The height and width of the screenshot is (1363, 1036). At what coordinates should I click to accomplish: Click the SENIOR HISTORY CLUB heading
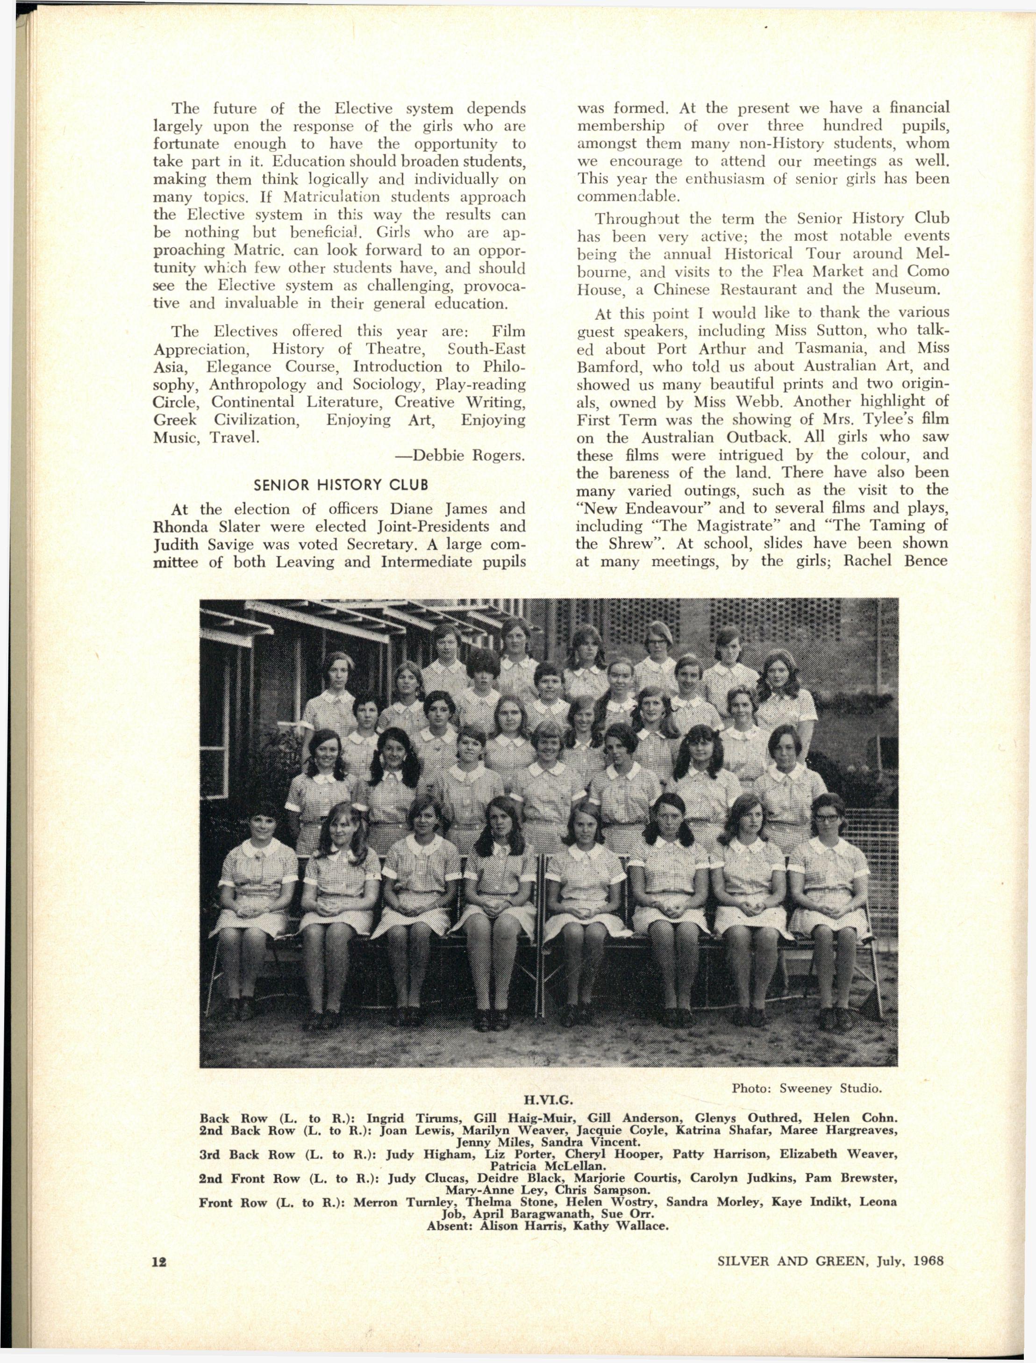(341, 484)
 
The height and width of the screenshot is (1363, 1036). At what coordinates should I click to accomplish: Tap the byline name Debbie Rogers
(469, 456)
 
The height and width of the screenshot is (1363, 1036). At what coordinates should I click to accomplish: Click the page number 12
(159, 1261)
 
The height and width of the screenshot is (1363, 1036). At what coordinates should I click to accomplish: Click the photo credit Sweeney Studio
(831, 1089)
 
